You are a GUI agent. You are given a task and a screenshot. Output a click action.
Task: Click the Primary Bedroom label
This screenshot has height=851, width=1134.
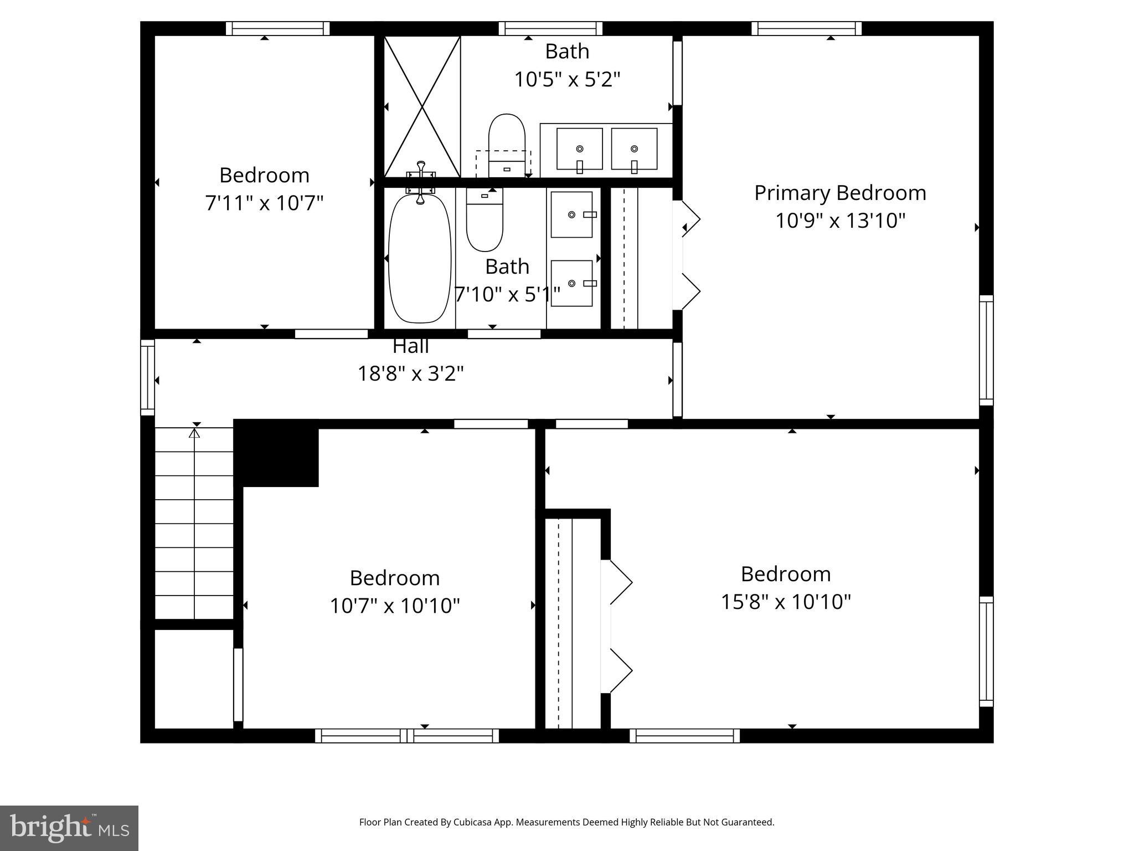click(x=839, y=193)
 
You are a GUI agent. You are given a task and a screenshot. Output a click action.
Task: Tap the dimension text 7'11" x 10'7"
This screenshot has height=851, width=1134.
click(x=264, y=203)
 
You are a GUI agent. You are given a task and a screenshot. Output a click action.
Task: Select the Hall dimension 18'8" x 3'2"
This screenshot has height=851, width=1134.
click(x=410, y=374)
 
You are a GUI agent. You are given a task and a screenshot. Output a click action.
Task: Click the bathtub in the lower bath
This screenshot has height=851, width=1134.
click(x=420, y=258)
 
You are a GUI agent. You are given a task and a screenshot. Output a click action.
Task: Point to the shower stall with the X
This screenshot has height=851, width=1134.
click(x=422, y=106)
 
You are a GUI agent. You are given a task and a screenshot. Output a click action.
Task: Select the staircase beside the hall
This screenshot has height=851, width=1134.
click(x=194, y=524)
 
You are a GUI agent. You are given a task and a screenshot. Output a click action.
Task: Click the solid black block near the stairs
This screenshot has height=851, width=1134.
click(x=277, y=453)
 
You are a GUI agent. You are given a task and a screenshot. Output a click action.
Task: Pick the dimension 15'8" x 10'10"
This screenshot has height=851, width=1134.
click(x=785, y=602)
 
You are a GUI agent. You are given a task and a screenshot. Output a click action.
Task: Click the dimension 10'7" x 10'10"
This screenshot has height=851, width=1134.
click(x=395, y=606)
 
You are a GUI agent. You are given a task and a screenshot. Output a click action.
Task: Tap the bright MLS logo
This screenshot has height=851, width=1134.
click(x=69, y=828)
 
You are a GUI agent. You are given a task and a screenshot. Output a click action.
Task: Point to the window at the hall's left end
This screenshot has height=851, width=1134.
click(x=147, y=377)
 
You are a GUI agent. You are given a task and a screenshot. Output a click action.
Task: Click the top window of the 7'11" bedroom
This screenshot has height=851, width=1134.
click(x=277, y=28)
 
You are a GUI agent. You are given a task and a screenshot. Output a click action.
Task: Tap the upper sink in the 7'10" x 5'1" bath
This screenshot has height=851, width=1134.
click(x=573, y=214)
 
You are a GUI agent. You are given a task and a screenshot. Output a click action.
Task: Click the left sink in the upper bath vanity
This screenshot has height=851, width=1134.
click(x=579, y=149)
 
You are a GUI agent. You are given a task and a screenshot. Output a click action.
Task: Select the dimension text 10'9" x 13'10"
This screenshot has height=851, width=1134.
click(x=839, y=221)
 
